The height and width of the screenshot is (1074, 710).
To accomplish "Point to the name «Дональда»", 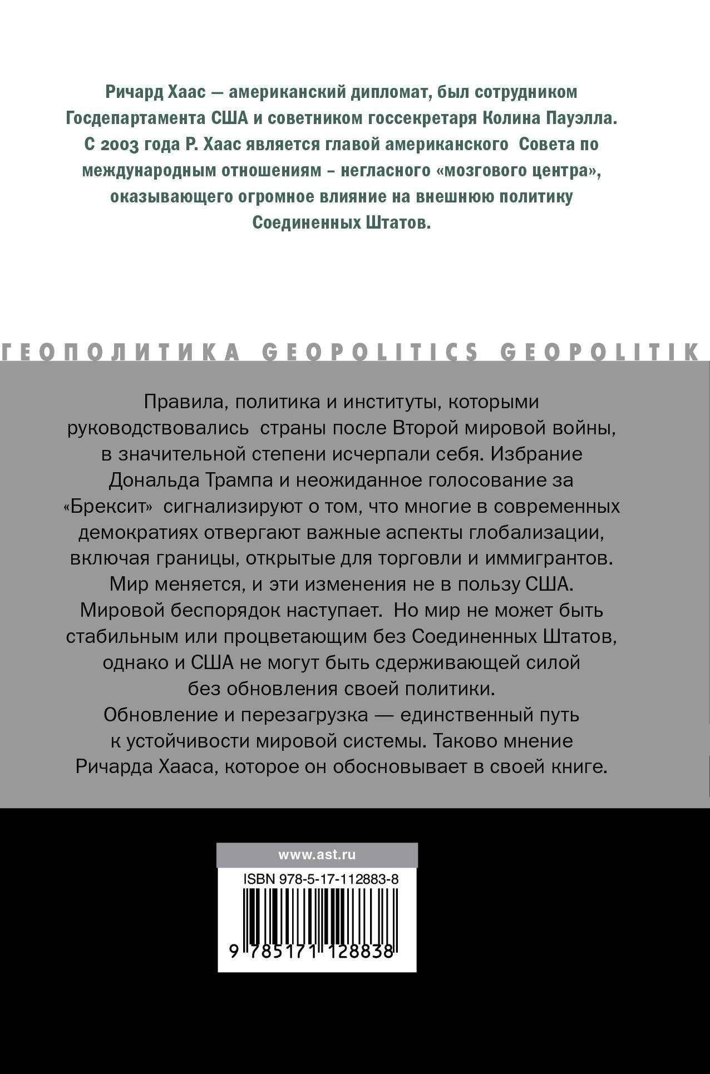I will tap(157, 479).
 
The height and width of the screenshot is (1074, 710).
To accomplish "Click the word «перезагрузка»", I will tap(304, 715).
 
